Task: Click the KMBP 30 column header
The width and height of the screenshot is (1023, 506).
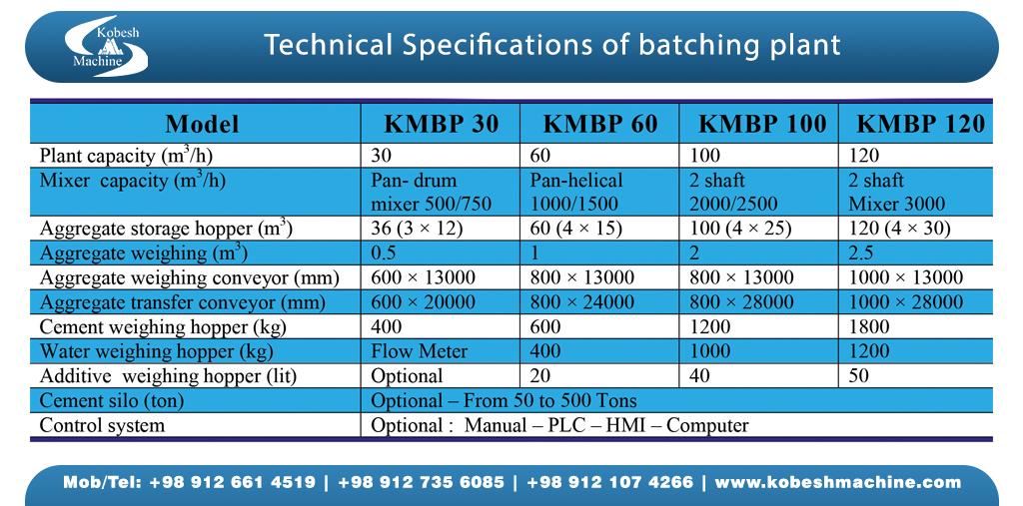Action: point(440,124)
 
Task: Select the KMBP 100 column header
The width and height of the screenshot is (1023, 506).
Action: point(761,124)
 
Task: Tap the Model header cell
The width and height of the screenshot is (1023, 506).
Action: point(202,124)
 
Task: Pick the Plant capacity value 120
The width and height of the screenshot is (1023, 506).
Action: point(864,156)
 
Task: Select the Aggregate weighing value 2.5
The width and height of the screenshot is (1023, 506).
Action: point(862,253)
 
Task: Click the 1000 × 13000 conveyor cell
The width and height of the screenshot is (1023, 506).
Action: point(905,277)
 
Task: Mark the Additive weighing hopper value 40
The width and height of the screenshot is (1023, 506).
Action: point(701,376)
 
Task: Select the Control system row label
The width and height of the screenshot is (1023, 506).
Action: point(102,426)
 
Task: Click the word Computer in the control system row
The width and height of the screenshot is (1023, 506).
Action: point(707,426)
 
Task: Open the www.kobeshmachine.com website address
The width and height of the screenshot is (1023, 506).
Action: point(838,483)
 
